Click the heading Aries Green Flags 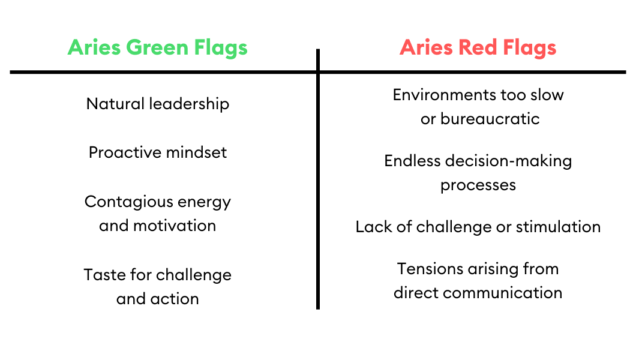158,47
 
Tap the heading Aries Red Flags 478,47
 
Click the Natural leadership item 158,104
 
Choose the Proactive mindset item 158,152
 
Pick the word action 175,299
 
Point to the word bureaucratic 490,119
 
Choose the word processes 478,185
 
